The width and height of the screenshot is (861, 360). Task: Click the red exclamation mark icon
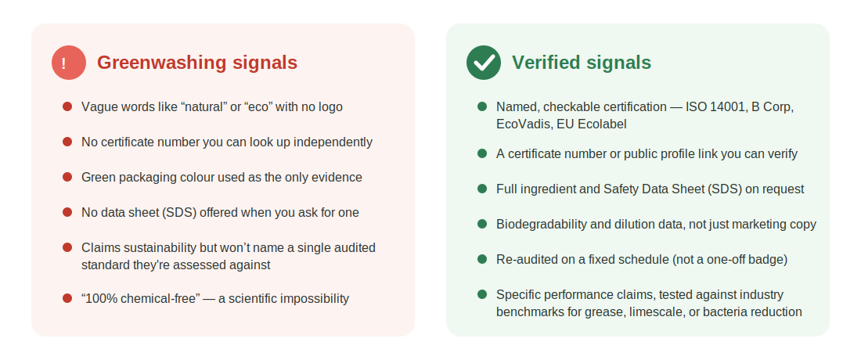(69, 63)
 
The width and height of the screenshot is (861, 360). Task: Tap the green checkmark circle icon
(484, 63)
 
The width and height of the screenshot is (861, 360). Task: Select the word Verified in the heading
(546, 63)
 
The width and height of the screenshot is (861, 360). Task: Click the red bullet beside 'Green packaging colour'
(67, 177)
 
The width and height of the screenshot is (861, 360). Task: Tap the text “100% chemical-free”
(141, 298)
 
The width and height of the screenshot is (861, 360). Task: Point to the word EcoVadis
(524, 124)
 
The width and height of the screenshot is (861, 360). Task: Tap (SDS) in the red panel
(179, 212)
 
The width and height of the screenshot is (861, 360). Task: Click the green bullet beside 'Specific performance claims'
(482, 294)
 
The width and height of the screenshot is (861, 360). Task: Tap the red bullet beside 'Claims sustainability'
(67, 247)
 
